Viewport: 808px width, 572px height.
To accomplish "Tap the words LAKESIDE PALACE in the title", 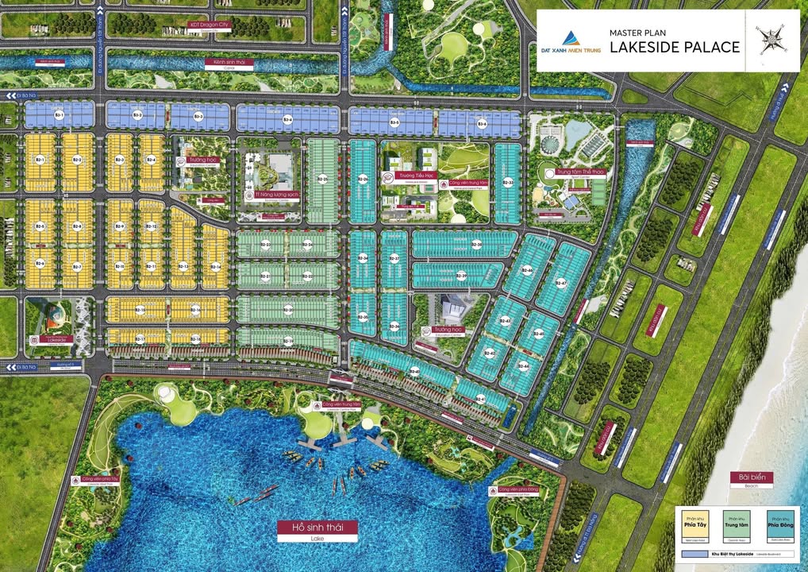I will tap(674, 47).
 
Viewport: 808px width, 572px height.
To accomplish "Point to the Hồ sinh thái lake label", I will tap(317, 528).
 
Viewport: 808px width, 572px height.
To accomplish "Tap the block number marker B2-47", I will tap(561, 282).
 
